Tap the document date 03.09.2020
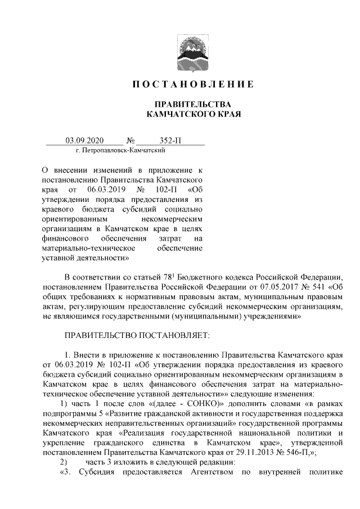pyautogui.click(x=85, y=141)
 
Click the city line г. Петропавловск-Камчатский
pyautogui.click(x=120, y=151)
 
